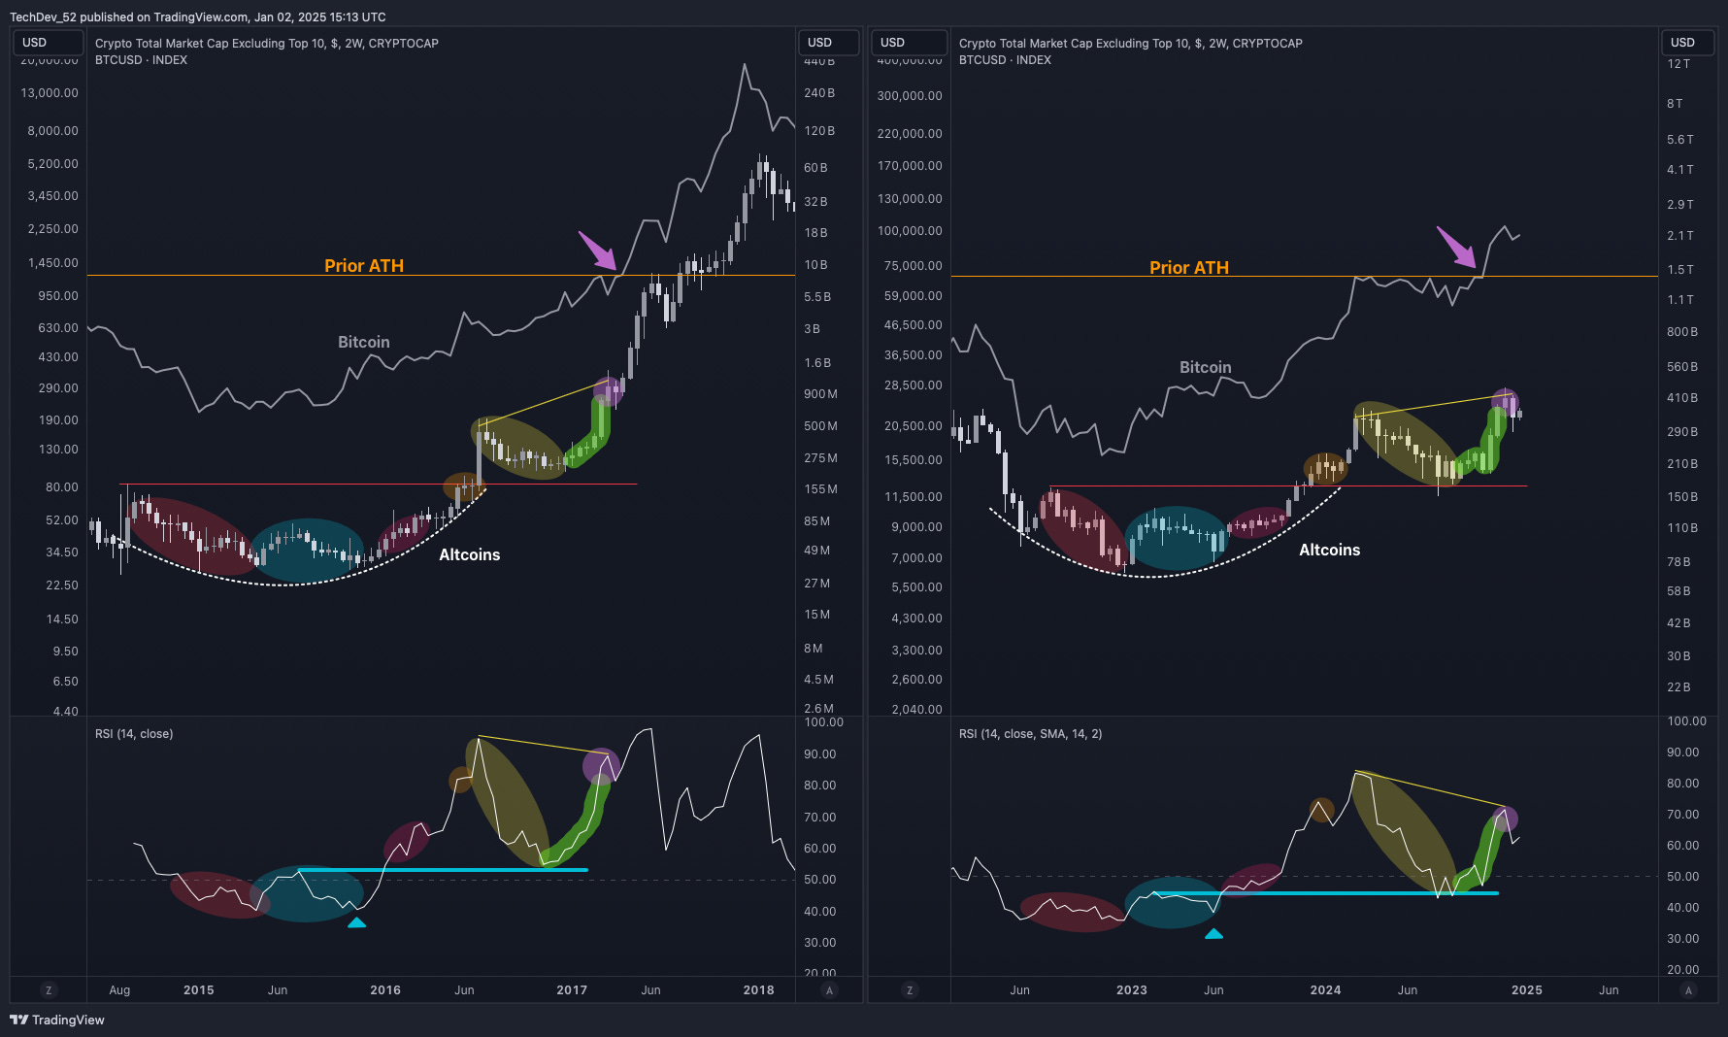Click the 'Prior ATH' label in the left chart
364,266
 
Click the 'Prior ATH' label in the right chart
1189,268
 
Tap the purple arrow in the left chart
598,251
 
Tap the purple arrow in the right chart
1456,247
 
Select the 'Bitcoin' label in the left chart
364,342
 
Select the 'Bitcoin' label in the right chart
1205,367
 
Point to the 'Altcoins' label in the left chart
469,554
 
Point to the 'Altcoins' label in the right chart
1329,550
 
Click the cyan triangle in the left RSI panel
357,922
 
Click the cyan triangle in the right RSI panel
1213,934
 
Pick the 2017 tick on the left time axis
572,990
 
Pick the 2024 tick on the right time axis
1325,990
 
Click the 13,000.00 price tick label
50,93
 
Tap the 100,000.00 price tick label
910,231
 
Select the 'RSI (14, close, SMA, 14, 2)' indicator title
1030,734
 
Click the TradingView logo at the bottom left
57,1020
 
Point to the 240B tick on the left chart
819,93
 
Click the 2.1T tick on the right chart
1680,236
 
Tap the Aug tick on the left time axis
119,990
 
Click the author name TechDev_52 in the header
43,17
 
